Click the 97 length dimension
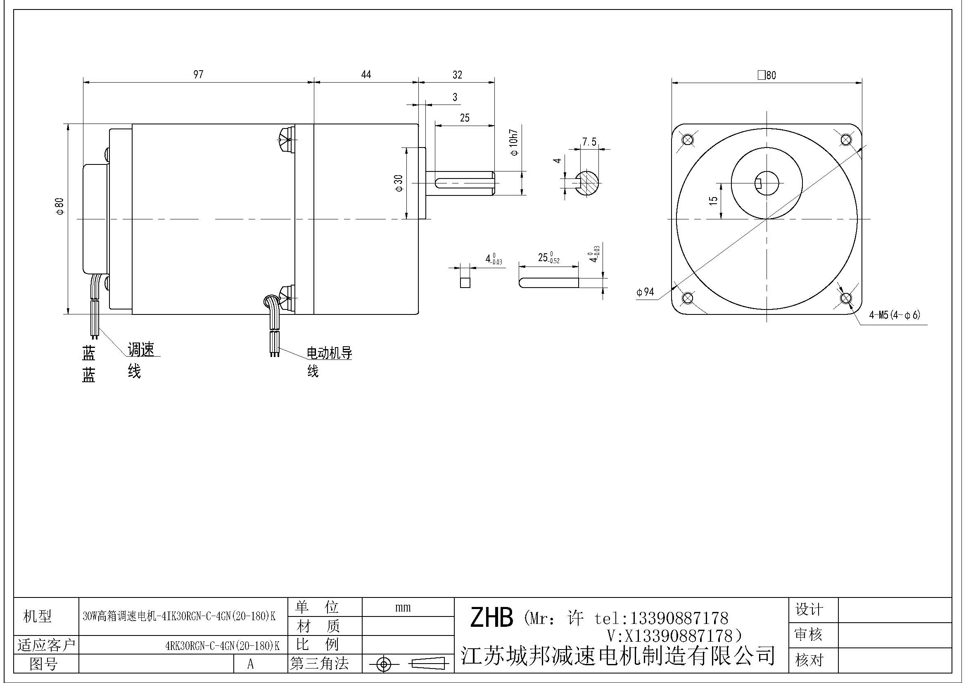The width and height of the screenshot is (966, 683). [198, 74]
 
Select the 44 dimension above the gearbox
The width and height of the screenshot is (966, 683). [366, 74]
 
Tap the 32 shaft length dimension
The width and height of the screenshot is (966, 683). [457, 75]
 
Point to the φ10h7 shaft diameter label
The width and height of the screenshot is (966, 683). [514, 143]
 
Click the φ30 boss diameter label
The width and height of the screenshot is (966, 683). [399, 183]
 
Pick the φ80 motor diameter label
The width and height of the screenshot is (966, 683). [60, 206]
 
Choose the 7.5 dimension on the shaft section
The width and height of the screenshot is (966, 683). [589, 142]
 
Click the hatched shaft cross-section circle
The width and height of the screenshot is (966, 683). [588, 183]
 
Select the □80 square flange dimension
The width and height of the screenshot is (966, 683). [767, 75]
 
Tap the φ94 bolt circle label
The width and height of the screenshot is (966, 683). [646, 292]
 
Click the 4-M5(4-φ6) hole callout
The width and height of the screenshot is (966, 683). [895, 315]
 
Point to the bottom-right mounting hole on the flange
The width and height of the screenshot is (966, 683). [846, 298]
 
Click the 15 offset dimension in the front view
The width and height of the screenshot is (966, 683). [713, 201]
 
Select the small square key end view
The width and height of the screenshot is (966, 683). [465, 282]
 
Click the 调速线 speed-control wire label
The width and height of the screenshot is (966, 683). [140, 360]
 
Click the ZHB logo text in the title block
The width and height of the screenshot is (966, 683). [491, 617]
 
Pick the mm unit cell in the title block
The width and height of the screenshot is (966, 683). [403, 607]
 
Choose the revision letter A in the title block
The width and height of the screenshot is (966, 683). [250, 664]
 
